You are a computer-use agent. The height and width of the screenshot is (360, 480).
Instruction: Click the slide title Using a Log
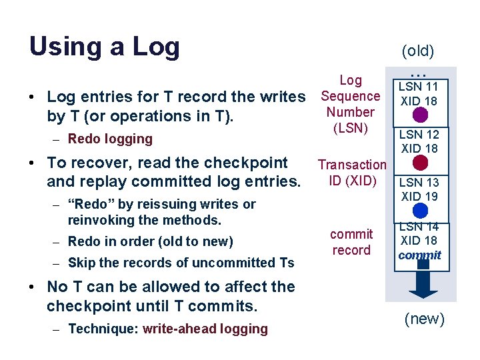(105, 47)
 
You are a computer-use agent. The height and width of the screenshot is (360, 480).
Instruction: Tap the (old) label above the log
(418, 51)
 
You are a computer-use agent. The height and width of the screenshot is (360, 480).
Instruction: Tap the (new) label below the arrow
(425, 319)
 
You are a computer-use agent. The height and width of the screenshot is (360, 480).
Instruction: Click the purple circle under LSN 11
(420, 115)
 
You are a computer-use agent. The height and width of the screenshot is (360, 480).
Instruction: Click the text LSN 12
(419, 134)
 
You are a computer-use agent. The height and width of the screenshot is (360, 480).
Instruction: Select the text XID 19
(419, 197)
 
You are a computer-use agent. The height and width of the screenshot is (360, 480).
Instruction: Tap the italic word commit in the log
(420, 255)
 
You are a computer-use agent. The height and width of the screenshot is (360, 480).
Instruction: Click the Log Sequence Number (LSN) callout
(350, 104)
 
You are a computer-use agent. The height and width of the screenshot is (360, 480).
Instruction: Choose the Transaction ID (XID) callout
(351, 172)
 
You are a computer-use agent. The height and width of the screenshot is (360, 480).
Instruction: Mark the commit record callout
(351, 242)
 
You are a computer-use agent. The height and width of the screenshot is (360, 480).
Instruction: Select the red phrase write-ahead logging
(205, 329)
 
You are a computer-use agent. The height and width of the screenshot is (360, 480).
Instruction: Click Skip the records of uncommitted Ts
(181, 263)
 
